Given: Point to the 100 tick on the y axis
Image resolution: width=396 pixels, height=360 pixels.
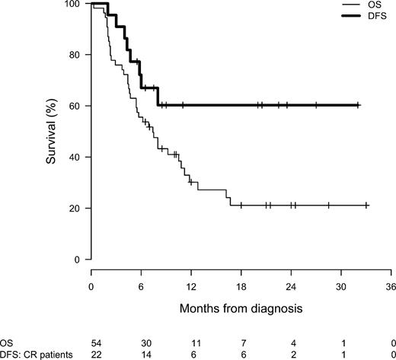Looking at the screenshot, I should [x=75, y=5].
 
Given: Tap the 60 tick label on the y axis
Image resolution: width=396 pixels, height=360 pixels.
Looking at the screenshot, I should [x=75, y=106].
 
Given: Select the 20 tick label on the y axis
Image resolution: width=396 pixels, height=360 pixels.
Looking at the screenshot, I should [x=75, y=208].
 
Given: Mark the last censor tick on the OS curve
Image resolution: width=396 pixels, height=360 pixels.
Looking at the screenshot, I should [x=367, y=205].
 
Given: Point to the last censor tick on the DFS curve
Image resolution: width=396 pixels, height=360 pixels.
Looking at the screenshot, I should [x=358, y=105].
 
